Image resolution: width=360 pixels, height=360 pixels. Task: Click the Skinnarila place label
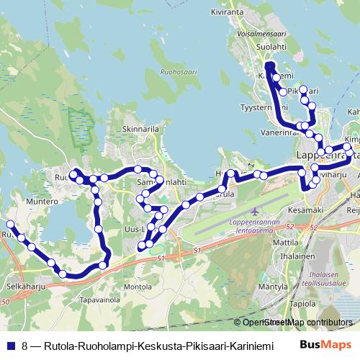[140, 130]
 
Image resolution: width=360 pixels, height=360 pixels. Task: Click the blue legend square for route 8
[12, 346]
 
